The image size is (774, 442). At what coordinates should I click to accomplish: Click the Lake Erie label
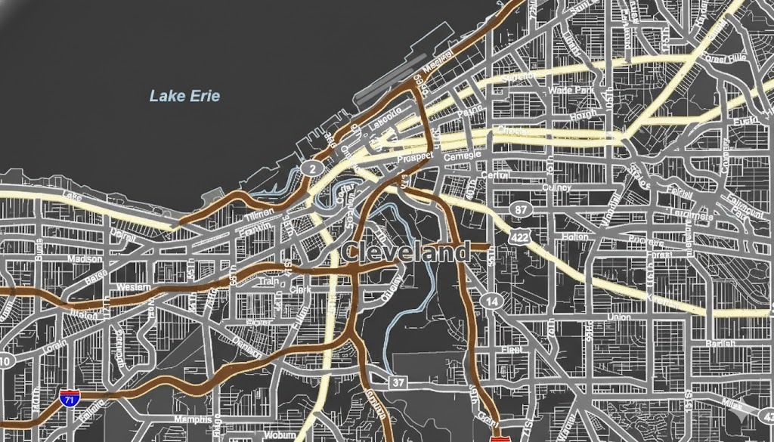tap(184, 96)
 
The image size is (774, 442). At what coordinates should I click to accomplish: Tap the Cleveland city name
tap(406, 252)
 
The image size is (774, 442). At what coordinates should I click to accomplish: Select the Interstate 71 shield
tap(69, 398)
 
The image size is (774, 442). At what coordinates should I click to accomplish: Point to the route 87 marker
tap(519, 209)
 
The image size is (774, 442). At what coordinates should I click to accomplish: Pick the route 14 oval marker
tap(492, 301)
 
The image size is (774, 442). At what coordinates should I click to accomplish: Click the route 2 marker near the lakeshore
tap(311, 168)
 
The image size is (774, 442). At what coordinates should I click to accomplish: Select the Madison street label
tap(85, 258)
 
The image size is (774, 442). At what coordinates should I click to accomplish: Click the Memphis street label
tap(193, 419)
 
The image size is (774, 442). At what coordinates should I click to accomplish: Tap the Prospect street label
tap(414, 156)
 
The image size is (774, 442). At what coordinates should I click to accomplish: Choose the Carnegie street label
tap(462, 155)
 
